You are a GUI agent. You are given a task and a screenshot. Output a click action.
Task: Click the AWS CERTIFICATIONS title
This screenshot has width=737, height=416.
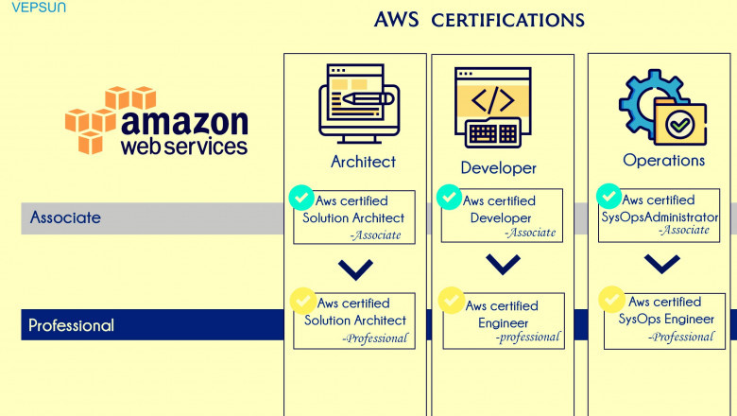click(479, 20)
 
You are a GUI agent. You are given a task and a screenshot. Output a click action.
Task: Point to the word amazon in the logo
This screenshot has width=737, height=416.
click(184, 123)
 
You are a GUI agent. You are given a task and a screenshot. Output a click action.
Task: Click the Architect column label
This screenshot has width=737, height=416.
click(363, 162)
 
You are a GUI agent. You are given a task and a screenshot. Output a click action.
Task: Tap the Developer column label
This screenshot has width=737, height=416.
click(498, 168)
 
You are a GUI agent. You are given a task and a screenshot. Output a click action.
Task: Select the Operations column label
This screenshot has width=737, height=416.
click(663, 161)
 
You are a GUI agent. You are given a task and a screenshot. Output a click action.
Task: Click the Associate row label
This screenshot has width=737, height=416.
click(65, 217)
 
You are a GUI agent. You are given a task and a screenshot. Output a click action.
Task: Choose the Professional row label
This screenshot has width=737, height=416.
click(71, 325)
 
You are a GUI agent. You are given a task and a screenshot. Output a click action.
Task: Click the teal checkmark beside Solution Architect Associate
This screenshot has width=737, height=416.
click(300, 198)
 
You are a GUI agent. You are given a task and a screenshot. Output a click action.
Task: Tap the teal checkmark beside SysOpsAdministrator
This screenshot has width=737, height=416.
click(608, 196)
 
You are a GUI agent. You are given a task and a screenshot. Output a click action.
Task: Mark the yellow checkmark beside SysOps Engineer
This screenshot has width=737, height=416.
click(612, 300)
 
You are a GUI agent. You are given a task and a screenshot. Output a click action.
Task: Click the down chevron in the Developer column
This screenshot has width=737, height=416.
click(503, 264)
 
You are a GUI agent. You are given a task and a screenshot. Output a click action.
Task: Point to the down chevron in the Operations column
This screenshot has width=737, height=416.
click(661, 264)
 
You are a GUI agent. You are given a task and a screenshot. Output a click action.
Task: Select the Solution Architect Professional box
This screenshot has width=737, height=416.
click(354, 321)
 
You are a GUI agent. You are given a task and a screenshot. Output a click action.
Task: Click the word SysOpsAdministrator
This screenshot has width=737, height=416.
click(660, 217)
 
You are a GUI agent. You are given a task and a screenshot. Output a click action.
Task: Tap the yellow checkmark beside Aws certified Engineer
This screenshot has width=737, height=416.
click(451, 300)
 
